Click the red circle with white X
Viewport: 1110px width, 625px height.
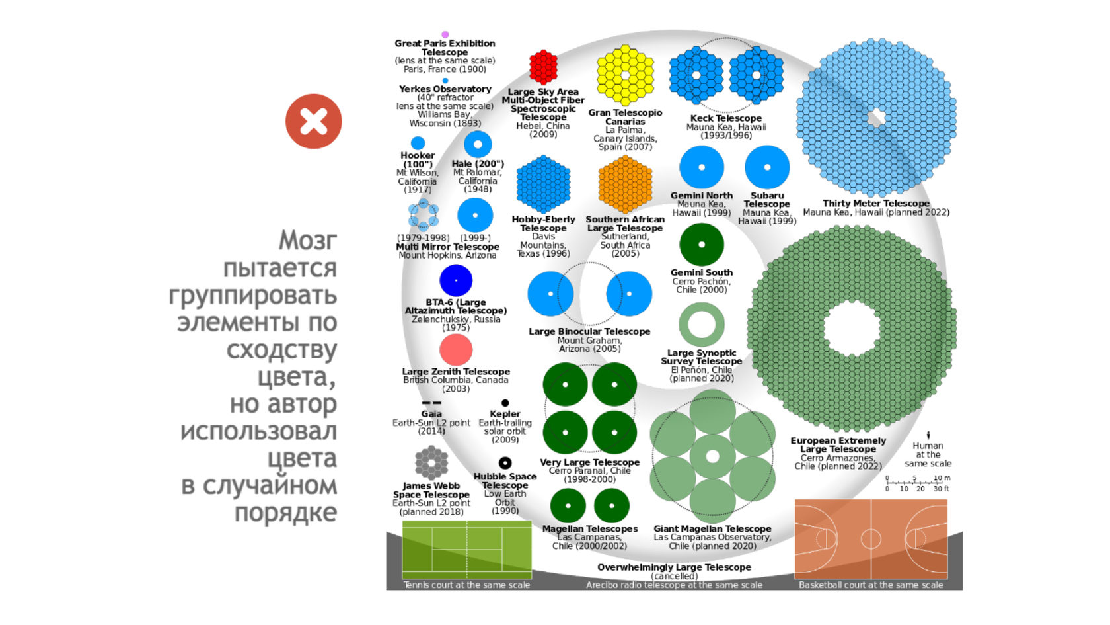point(314,122)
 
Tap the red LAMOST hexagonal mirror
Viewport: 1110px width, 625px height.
point(543,67)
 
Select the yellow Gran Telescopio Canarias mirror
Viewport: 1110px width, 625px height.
point(625,75)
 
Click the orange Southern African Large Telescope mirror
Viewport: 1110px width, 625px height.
point(625,185)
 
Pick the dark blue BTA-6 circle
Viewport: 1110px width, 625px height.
point(456,280)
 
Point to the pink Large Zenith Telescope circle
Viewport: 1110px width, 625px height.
point(456,350)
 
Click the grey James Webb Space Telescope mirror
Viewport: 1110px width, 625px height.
point(431,462)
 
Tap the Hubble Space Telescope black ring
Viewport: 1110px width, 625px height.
point(505,463)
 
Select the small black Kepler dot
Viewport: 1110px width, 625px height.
point(505,403)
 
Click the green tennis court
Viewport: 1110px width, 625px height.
point(467,550)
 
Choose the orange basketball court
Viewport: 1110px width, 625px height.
point(871,538)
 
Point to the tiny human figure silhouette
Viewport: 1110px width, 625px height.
point(928,435)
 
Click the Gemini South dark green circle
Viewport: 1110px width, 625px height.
point(702,245)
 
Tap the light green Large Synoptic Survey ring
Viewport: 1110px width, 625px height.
point(702,325)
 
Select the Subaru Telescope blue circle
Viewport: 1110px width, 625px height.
point(767,167)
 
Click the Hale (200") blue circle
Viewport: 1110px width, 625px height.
point(478,144)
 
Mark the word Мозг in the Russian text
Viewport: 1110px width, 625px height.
point(308,240)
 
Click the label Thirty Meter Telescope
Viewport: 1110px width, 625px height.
point(876,203)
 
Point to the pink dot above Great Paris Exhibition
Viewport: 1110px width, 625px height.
point(445,34)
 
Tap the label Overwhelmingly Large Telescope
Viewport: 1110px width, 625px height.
point(674,567)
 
